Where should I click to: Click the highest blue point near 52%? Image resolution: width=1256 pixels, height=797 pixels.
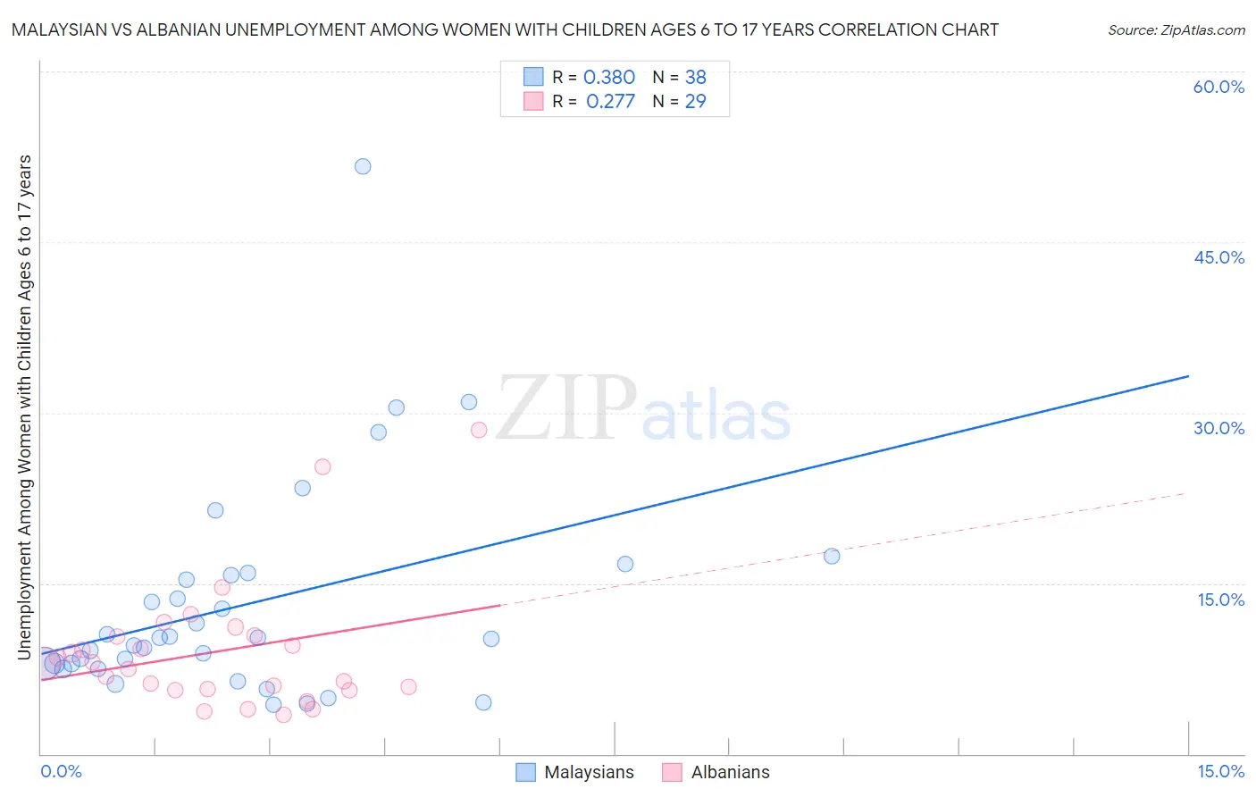[363, 166]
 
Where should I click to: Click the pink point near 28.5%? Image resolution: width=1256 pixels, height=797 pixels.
[479, 430]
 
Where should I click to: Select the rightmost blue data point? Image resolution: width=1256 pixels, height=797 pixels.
[832, 556]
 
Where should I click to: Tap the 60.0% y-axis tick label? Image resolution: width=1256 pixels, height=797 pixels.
[1218, 87]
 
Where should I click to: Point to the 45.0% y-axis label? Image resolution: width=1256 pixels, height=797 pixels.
[1218, 257]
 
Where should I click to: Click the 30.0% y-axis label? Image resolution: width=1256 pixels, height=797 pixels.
[1218, 428]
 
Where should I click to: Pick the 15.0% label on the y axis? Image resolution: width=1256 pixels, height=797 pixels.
[1220, 600]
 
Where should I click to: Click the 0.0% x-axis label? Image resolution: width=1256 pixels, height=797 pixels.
[61, 771]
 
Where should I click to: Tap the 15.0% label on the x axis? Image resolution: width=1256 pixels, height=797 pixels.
[1220, 771]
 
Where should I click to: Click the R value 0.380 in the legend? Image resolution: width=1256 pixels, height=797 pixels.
[609, 78]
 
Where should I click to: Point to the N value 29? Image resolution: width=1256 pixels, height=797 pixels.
[695, 102]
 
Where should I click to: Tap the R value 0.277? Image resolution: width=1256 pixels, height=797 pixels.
[610, 102]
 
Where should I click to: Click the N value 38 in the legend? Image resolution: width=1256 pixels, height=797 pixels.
[695, 78]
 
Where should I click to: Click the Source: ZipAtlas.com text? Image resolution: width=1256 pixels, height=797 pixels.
[1176, 30]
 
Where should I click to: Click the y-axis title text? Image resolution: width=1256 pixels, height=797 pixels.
[25, 407]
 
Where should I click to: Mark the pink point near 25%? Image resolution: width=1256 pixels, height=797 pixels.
[322, 466]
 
